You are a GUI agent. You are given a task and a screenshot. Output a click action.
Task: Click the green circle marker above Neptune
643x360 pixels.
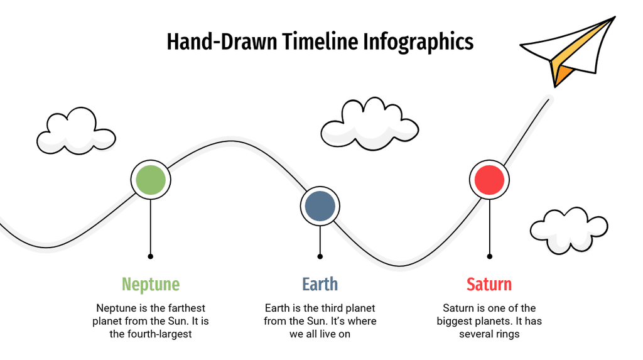(x=151, y=180)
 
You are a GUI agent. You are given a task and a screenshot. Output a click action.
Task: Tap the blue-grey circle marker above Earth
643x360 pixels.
(x=320, y=206)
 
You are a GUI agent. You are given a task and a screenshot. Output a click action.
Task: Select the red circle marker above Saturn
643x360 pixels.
(x=489, y=180)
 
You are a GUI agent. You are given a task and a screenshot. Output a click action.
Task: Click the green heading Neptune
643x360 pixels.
(x=151, y=284)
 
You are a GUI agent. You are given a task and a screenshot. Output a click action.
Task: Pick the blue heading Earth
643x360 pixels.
(x=320, y=284)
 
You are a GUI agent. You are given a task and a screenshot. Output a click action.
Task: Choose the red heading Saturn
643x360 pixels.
(x=489, y=284)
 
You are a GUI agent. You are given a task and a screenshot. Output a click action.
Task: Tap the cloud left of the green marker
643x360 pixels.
(x=76, y=131)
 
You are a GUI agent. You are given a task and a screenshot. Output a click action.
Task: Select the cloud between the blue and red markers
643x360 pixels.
(x=369, y=124)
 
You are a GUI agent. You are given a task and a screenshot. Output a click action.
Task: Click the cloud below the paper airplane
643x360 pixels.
(x=569, y=230)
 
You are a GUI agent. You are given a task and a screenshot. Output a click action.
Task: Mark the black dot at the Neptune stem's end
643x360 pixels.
(x=151, y=256)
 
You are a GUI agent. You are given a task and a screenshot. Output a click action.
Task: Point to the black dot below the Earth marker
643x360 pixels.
(x=320, y=256)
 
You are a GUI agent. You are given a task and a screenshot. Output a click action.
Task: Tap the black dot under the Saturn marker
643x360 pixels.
(x=489, y=256)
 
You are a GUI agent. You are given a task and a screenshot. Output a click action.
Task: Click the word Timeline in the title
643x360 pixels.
(x=320, y=41)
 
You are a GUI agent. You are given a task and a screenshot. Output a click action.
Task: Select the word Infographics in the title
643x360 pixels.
(x=418, y=42)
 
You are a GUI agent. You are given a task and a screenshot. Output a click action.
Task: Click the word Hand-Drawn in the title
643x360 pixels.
(x=222, y=41)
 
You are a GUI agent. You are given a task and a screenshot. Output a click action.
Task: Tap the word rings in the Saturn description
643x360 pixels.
(x=507, y=334)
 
